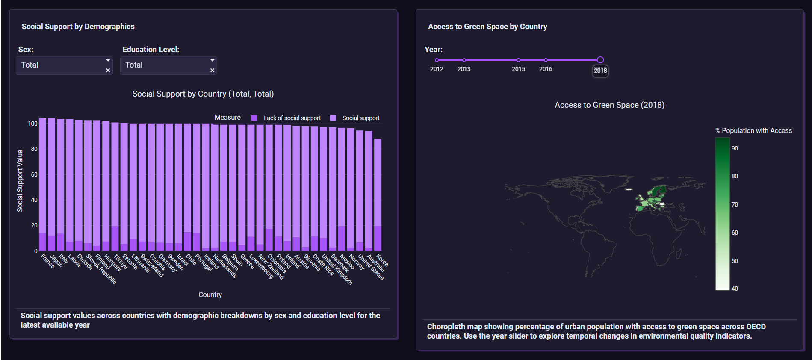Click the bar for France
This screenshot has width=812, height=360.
[x=42, y=180]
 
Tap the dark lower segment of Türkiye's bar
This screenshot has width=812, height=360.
[x=115, y=239]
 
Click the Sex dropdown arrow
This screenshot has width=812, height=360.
[x=108, y=61]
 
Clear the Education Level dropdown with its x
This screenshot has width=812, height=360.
[x=212, y=71]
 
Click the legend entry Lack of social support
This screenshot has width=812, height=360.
[x=292, y=118]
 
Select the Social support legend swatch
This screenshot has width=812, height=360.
[x=333, y=118]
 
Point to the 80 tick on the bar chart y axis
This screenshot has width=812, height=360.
[x=33, y=149]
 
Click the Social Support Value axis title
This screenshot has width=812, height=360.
[x=20, y=181]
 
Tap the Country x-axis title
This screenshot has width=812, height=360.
[x=210, y=295]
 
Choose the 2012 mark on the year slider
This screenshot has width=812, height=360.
[x=437, y=60]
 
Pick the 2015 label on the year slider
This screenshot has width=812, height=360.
[x=518, y=69]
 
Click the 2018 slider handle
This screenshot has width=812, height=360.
[x=600, y=60]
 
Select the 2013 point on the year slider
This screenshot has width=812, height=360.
[x=464, y=60]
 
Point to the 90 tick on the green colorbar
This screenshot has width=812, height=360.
[x=735, y=148]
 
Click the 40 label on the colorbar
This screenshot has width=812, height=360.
[x=735, y=289]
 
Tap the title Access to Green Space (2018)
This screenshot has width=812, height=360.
[x=609, y=105]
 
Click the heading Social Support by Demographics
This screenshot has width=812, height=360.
[x=78, y=27]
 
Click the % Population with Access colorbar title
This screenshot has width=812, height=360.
[x=753, y=131]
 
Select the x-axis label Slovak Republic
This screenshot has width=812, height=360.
[x=102, y=269]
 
